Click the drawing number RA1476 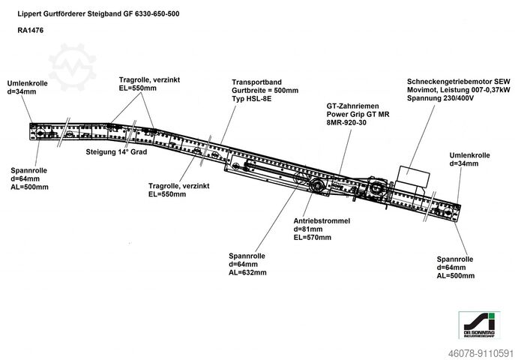coord(28,31)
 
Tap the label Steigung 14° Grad coord(115,151)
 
